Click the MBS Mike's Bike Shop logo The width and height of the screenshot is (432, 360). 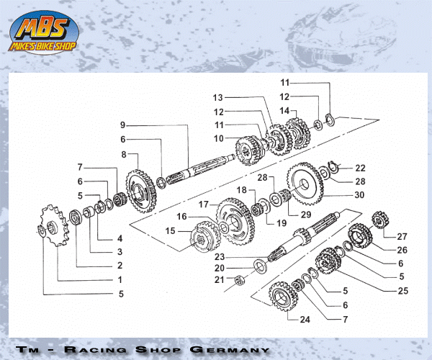tap(44, 32)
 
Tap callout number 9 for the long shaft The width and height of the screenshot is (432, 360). tap(123, 125)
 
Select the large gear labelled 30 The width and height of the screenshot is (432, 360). tap(305, 184)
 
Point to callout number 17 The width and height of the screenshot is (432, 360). tap(204, 204)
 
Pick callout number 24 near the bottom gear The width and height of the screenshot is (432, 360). tap(305, 320)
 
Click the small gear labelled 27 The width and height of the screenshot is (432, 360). tap(380, 220)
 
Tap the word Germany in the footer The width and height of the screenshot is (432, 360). tap(230, 350)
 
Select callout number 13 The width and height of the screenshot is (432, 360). tap(217, 97)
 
